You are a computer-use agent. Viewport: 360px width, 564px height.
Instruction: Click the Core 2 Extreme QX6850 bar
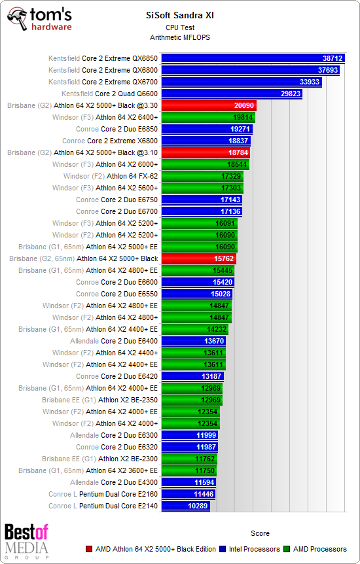[x=253, y=58]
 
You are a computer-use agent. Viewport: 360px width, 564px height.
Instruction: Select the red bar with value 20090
[x=208, y=105]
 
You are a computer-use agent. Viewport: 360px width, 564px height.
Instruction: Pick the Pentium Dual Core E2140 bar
[x=185, y=506]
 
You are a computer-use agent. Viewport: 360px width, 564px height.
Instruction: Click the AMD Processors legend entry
[x=317, y=549]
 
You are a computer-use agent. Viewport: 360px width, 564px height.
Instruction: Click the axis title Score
[x=260, y=533]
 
